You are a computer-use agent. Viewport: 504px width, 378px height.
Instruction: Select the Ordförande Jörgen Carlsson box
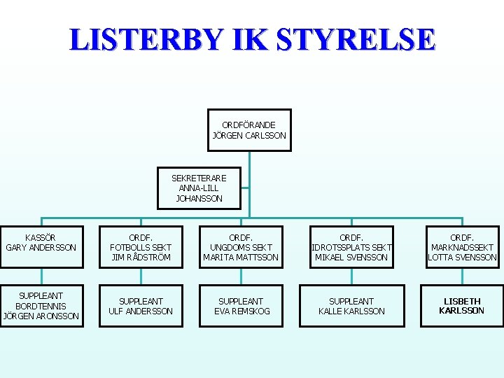coord(249,130)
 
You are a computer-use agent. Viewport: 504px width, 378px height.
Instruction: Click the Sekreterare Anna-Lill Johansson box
coord(199,188)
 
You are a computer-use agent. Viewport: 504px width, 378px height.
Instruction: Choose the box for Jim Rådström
coord(141,247)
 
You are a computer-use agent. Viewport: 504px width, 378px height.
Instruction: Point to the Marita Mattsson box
coord(241,247)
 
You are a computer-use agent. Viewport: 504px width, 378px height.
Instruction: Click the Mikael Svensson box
coord(351,247)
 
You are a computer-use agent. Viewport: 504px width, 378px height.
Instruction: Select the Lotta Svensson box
coord(462,247)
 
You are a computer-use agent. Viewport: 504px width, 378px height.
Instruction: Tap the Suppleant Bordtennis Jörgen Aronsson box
coord(41,306)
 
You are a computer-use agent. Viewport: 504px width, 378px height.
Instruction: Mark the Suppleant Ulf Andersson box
coord(141,306)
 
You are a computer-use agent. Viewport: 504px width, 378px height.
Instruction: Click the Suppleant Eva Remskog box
coord(241,306)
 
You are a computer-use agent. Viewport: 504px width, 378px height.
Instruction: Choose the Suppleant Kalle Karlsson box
coord(351,306)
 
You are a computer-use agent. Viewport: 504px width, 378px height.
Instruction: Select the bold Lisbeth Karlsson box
coord(462,306)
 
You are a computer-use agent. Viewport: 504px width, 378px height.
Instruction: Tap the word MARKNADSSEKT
coord(462,247)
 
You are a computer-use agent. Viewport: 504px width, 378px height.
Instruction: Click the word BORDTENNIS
coord(41,306)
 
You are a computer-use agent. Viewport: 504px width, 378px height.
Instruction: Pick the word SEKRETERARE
coord(199,178)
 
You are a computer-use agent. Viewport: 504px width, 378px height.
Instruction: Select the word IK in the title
coord(252,40)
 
